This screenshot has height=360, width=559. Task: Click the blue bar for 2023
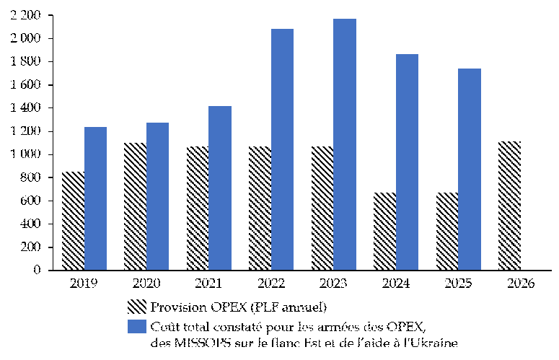click(345, 144)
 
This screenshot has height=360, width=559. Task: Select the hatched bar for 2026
click(509, 206)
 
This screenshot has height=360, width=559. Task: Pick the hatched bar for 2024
click(384, 231)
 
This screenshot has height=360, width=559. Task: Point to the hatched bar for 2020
click(135, 206)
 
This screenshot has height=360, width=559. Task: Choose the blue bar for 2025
click(470, 169)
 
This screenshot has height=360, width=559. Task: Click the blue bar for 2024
click(407, 162)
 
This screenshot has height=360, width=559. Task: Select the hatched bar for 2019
click(73, 221)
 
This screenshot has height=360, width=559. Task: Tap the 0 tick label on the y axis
click(37, 271)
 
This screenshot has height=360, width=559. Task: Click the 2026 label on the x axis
click(520, 284)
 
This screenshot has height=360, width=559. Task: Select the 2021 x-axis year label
click(208, 284)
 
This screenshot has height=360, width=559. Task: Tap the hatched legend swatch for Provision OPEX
click(137, 307)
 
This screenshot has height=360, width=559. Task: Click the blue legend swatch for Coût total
click(137, 326)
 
